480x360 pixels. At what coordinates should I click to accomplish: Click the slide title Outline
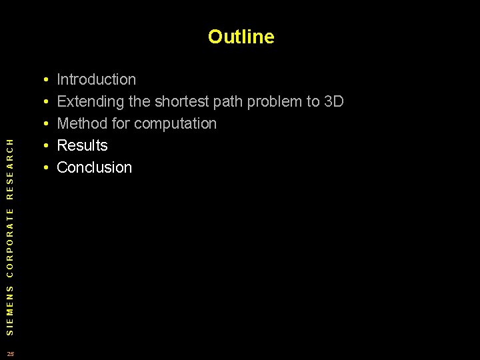pos(241,37)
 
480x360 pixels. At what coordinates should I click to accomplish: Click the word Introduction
pos(97,80)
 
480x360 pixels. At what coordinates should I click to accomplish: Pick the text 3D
pos(333,102)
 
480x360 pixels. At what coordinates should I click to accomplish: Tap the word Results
pos(82,146)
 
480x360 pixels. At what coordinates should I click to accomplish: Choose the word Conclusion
pos(95,168)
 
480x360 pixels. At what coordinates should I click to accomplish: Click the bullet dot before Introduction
pos(44,81)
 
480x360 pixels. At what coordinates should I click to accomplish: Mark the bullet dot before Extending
pos(44,103)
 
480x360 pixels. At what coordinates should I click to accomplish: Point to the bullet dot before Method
pos(44,125)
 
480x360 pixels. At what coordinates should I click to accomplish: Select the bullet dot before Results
pos(44,147)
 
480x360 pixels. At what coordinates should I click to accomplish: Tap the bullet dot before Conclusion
pos(44,169)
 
